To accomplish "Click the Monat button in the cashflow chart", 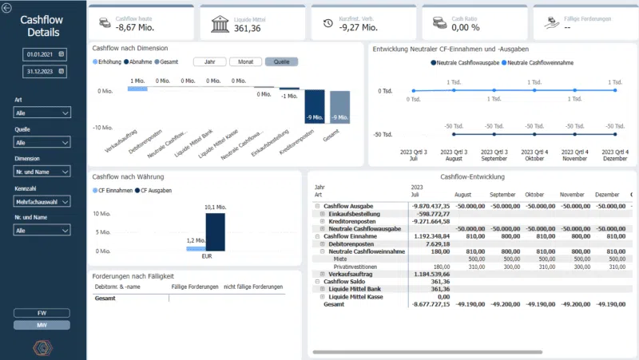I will click(245, 61).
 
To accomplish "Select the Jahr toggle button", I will click(209, 61).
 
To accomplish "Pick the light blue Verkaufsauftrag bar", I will click(137, 88).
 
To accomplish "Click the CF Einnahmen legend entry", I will click(116, 190).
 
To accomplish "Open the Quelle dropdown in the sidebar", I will click(42, 142).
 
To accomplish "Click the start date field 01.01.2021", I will click(43, 53).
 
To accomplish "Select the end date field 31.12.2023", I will click(43, 71).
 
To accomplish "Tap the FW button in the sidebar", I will click(42, 313).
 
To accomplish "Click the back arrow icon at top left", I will click(7, 8).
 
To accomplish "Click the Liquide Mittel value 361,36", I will click(247, 29).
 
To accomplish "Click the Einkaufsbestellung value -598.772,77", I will click(431, 213).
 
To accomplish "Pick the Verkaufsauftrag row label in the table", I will click(351, 274).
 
